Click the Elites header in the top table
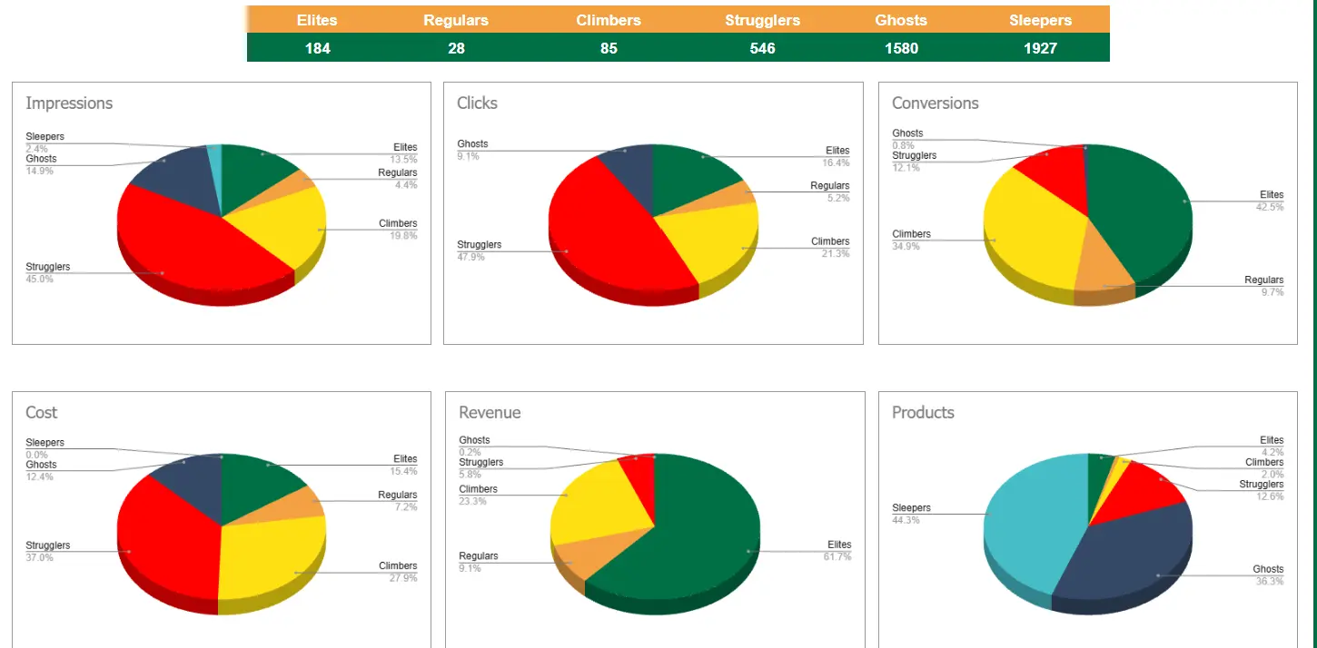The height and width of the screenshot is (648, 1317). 317,20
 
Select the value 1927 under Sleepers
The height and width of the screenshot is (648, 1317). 1040,48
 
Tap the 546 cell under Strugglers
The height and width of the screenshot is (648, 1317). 762,48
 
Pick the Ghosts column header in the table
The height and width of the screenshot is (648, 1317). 901,20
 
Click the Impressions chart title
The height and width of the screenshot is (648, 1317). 69,103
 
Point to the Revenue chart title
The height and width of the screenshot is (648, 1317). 490,413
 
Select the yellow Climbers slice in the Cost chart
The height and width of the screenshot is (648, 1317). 268,558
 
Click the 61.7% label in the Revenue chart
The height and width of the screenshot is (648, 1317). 837,557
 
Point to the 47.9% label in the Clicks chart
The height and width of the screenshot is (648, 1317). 470,258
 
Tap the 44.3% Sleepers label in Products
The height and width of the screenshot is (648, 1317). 906,521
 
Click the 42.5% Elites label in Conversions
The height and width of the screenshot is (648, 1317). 1271,207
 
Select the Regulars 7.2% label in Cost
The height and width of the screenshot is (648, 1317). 405,507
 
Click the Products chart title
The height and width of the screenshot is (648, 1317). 923,413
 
